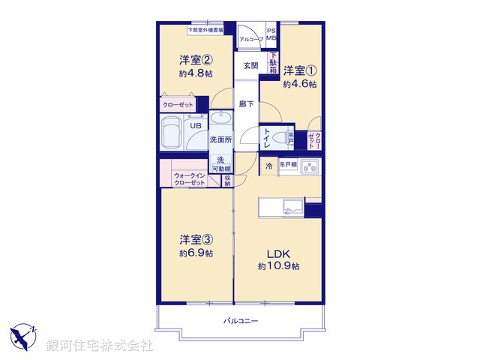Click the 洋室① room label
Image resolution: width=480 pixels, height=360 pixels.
(x=298, y=70)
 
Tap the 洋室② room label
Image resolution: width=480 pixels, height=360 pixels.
(x=194, y=59)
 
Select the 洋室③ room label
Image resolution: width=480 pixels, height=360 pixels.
(x=196, y=240)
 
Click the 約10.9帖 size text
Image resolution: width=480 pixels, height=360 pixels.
(x=279, y=266)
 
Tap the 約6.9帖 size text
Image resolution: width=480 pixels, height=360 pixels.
(x=196, y=253)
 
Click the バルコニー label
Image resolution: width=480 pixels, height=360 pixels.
(x=241, y=321)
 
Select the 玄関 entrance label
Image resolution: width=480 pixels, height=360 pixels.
(x=250, y=65)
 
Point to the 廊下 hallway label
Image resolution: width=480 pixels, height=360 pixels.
(x=245, y=104)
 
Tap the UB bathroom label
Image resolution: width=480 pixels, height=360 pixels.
(x=195, y=126)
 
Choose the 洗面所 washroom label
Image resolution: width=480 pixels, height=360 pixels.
(x=220, y=140)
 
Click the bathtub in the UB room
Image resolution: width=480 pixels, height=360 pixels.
(x=172, y=133)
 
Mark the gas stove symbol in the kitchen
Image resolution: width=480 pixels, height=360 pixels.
(x=310, y=168)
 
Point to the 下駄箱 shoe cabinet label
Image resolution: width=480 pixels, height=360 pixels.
(x=274, y=61)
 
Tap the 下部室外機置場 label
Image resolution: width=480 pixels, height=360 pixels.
(x=210, y=30)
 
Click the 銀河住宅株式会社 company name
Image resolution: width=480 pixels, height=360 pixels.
(x=99, y=346)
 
